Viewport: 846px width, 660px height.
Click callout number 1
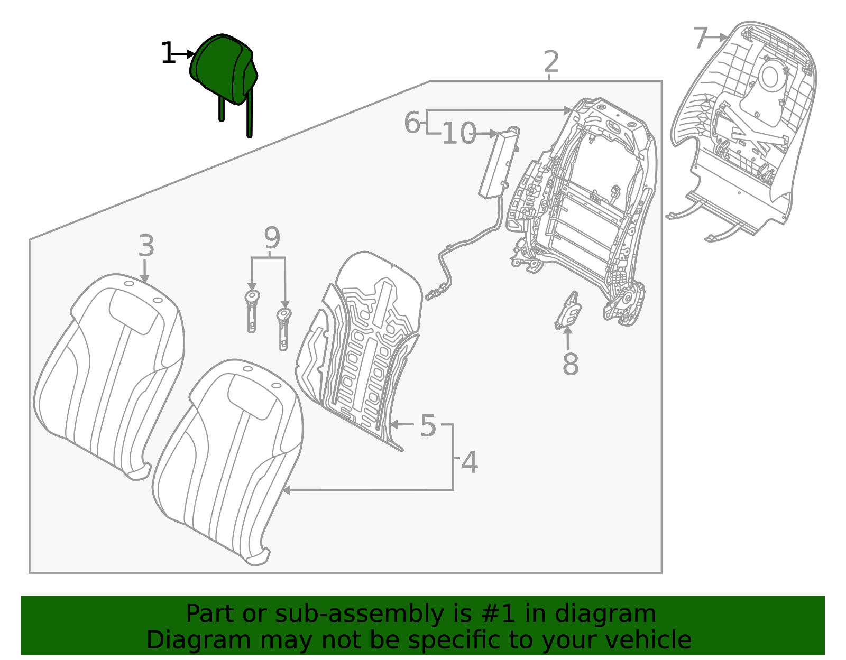click(x=168, y=54)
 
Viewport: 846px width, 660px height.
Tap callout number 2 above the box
click(x=551, y=62)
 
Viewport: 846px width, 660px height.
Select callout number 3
click(x=146, y=246)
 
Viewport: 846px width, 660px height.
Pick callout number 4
click(x=470, y=463)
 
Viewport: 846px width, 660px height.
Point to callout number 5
click(x=428, y=426)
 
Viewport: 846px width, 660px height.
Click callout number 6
click(x=412, y=123)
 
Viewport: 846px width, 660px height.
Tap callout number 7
click(x=700, y=38)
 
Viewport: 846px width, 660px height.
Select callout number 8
click(x=571, y=364)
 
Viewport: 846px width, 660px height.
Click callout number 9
click(x=272, y=238)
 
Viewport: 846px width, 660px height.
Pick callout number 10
click(x=458, y=134)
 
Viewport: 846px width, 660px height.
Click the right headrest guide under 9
click(x=283, y=329)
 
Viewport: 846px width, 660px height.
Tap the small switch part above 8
click(x=568, y=311)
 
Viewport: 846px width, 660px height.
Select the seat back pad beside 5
click(x=365, y=343)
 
